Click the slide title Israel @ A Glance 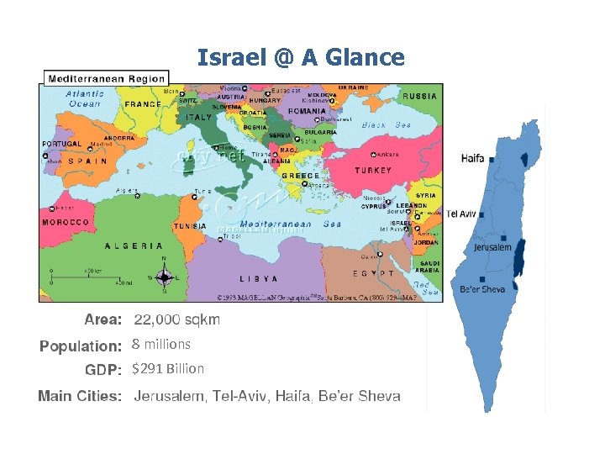point(301,57)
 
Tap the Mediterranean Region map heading point(107,78)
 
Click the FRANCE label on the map point(143,104)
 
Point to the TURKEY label point(372,170)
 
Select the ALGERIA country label point(134,246)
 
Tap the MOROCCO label point(66,223)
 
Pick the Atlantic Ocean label point(85,98)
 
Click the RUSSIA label point(419,96)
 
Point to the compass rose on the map point(166,276)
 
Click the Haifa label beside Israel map point(472,158)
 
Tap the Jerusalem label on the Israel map point(492,247)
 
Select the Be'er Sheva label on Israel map point(483,290)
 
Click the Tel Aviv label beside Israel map point(461,214)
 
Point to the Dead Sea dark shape point(518,257)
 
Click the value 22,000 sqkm point(177,319)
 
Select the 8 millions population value point(161,344)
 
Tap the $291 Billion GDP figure point(168,368)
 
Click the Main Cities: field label point(80,396)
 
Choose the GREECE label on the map point(300,176)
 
